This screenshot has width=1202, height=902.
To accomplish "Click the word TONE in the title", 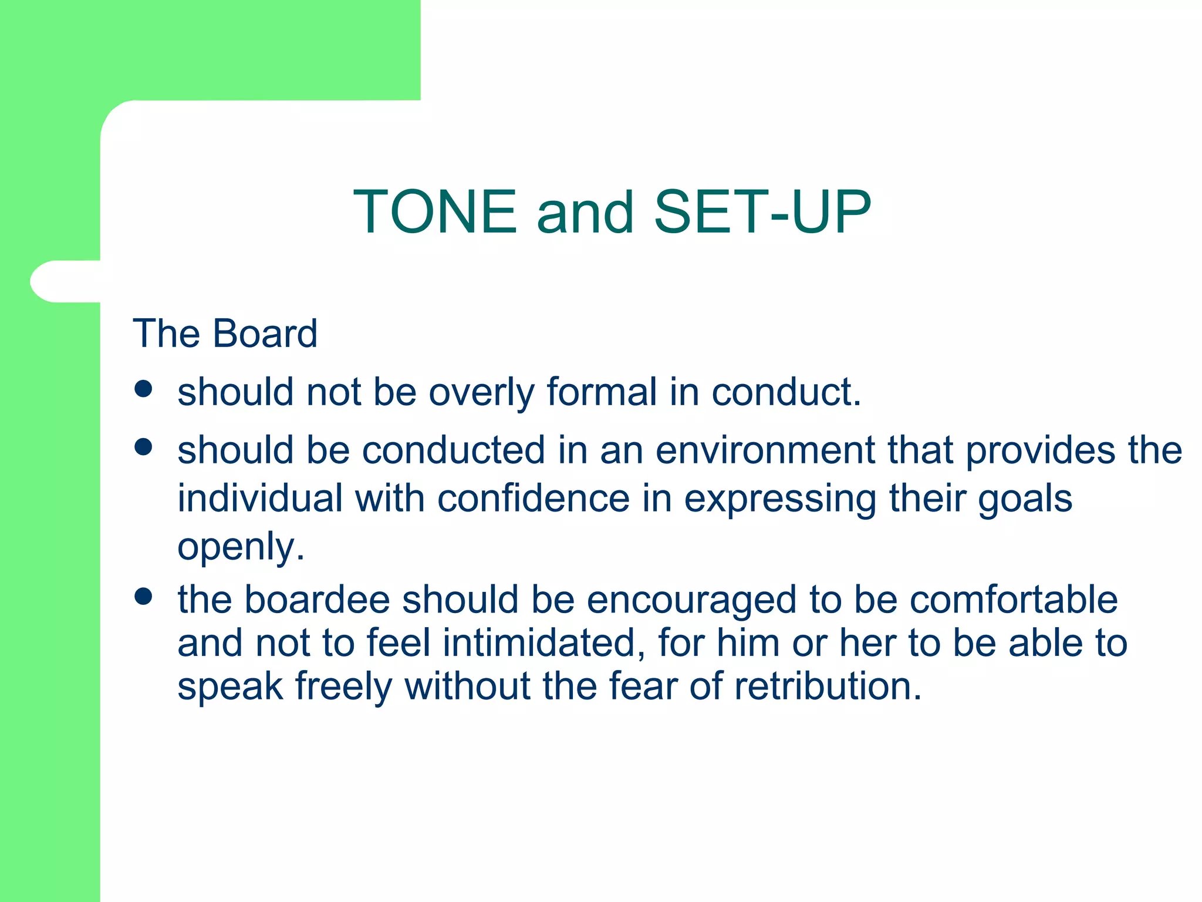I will coord(435,212).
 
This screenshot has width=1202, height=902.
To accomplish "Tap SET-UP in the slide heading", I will coord(762,212).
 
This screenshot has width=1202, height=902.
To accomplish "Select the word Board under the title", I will coord(265,334).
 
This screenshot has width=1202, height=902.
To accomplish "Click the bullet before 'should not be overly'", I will coord(143,389).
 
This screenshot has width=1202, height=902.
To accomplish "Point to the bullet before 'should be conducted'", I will coord(143,447).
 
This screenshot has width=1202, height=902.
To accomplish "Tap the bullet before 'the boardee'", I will coord(143,596).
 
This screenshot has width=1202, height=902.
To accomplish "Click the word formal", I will coord(602,392).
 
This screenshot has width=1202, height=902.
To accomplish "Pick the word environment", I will coord(765,450).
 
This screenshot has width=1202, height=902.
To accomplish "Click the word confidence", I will coord(534,499).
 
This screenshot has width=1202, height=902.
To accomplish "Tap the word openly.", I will coord(241,547).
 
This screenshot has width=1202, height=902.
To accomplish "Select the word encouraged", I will coord(691,601).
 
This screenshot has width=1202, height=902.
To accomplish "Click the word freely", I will coord(343,687).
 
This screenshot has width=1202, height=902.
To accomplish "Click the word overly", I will coord(481,393).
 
